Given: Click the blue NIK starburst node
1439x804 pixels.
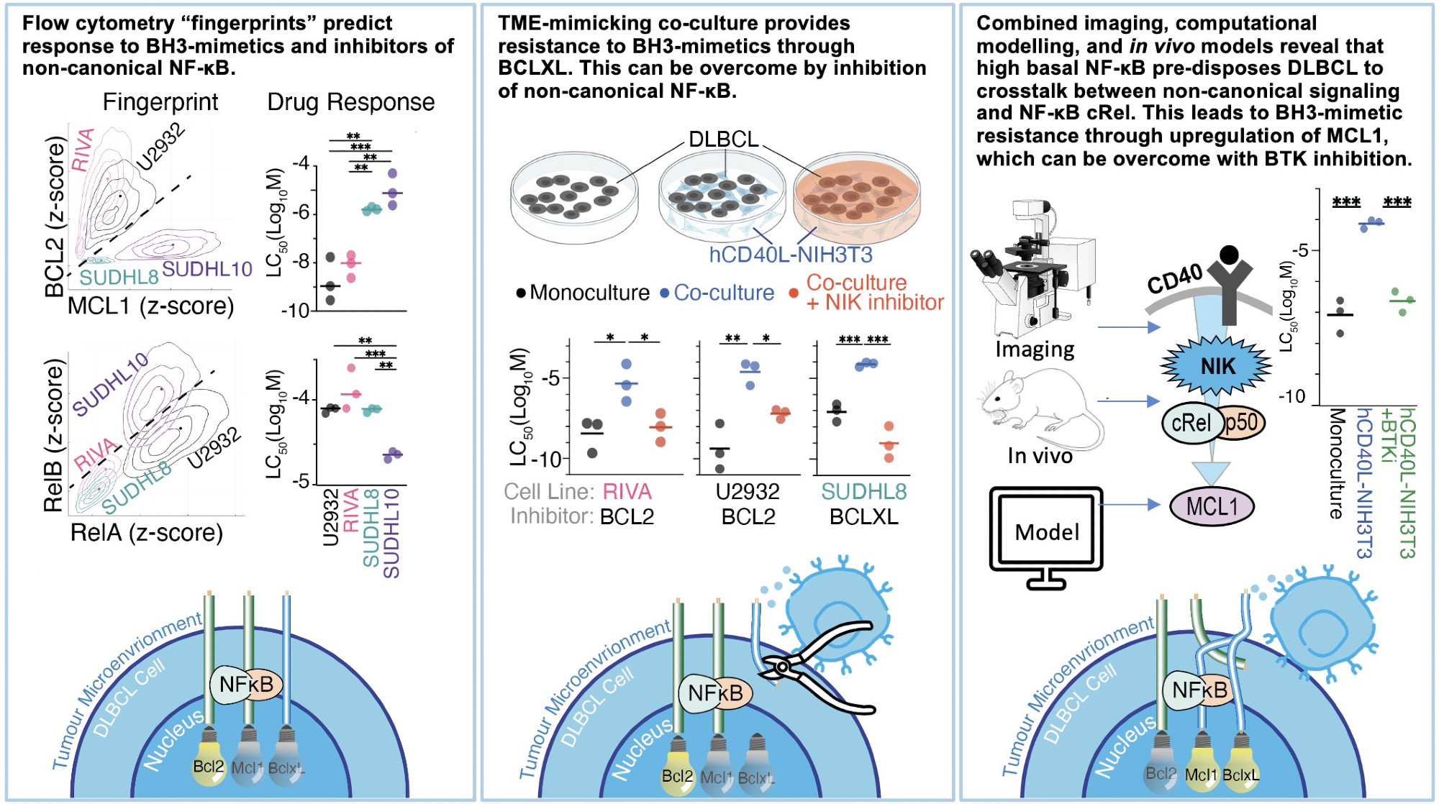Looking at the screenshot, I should tap(1217, 366).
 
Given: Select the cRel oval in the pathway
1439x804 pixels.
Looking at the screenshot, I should tap(1191, 423).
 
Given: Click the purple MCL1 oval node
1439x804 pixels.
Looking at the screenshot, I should tap(1212, 506).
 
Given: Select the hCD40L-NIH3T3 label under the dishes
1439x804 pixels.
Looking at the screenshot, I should tap(790, 255).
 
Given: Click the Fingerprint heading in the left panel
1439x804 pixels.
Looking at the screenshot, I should tap(160, 102).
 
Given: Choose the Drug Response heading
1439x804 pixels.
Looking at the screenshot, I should tap(351, 102).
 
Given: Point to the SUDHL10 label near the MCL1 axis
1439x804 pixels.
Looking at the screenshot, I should tap(207, 270).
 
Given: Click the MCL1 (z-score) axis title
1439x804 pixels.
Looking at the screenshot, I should tap(151, 306).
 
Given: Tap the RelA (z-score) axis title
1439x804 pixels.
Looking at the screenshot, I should tap(147, 533).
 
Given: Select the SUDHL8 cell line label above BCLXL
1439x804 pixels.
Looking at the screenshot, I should tap(863, 492).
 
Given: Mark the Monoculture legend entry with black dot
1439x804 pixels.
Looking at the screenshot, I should tap(583, 293).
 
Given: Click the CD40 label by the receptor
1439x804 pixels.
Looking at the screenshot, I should tap(1175, 279).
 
